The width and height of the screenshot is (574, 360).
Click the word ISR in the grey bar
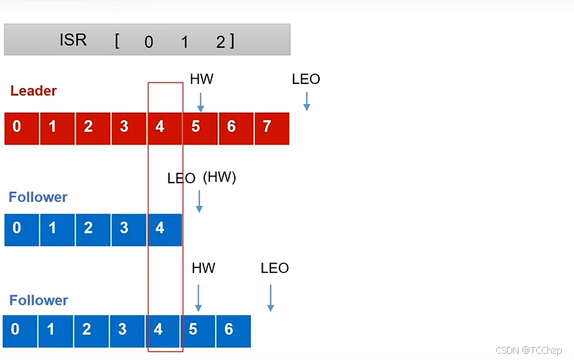coord(73,40)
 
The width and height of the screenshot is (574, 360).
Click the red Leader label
coord(33,91)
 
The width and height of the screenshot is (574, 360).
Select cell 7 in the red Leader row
coord(267,127)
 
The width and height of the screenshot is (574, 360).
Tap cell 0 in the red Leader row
coord(17,127)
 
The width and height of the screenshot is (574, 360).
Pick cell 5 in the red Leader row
coord(196,127)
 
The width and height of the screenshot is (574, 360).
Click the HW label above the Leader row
coord(201,79)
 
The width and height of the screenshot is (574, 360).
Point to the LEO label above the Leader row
coord(306,79)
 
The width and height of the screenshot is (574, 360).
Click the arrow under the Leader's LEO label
coord(307,101)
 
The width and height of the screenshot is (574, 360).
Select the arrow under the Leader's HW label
coord(200,101)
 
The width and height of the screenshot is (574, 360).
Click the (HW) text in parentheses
coord(220,177)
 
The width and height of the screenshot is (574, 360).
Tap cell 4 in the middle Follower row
coord(159,228)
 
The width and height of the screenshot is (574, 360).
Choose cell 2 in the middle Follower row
coord(89,228)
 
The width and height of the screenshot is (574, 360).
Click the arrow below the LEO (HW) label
coord(199,201)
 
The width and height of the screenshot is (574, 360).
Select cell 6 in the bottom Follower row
coord(228,330)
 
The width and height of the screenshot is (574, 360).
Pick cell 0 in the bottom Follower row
coord(15,330)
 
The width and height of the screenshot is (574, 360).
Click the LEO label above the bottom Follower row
coord(274,268)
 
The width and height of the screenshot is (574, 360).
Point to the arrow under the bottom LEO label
coord(270,298)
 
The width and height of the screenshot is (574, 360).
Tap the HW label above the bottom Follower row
coord(203,268)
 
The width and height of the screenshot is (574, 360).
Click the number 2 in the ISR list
coord(220,42)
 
